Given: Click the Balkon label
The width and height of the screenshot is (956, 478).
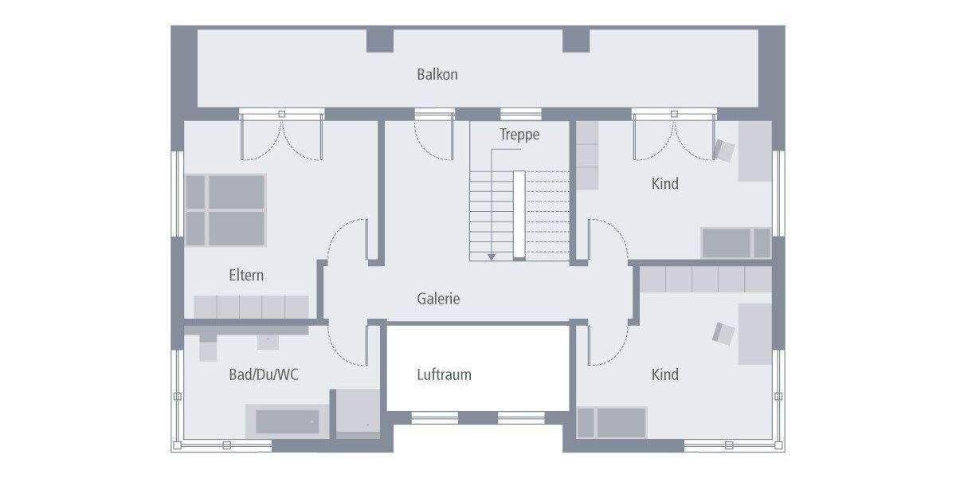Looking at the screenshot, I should pos(437,75).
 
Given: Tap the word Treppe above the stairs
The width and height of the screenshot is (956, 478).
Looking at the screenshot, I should pos(519,135).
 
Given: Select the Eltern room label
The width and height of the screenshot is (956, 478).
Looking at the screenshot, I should pos(246,276).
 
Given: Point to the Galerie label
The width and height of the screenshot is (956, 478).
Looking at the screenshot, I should pos(438,300).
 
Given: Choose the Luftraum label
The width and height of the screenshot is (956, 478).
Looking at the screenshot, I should pos(444,374).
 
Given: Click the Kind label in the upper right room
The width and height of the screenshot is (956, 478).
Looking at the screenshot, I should pos(665,184).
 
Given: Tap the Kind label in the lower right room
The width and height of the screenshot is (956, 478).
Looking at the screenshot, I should pos(665,374).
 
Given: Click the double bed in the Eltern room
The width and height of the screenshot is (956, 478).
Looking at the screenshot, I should pos(225,210).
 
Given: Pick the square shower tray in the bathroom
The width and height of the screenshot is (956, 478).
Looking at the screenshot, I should pos(356,413).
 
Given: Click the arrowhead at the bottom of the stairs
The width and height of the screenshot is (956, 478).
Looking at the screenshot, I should pos(492,257).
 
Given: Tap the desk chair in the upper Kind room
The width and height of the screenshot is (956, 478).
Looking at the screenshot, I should pos(724,150).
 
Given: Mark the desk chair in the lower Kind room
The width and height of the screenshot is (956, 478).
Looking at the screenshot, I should pos(723,333).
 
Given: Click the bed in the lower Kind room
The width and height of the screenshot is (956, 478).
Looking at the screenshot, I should pos(612,422).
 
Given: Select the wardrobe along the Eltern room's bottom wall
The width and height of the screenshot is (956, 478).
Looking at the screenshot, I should pos(251,307).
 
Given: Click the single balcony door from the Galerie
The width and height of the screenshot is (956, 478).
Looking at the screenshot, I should pos(434,134).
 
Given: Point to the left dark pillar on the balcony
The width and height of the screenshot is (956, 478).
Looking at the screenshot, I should pos(380,40).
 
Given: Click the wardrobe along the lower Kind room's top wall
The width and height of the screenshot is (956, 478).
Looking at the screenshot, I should pos(706,280).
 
